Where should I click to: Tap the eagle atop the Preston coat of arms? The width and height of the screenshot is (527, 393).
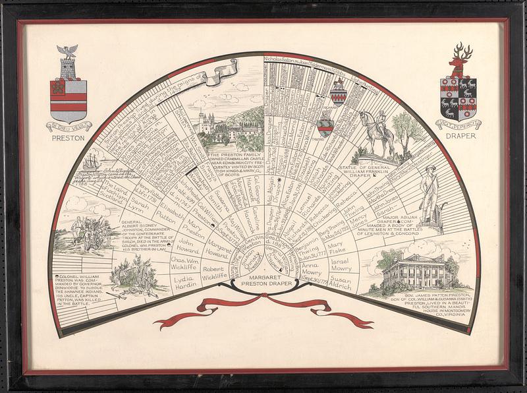click(67, 52)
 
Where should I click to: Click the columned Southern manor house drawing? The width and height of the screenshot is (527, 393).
click(413, 270)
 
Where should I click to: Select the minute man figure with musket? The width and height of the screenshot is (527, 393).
click(432, 191)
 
